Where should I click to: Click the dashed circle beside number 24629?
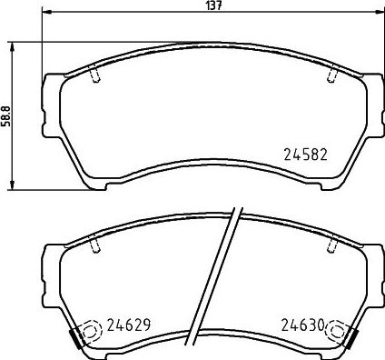pyautogui.click(x=91, y=332)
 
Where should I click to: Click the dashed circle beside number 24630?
pyautogui.click(x=339, y=332)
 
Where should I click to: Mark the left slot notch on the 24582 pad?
pyautogui.click(x=94, y=74)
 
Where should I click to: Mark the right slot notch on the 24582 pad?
pyautogui.click(x=333, y=74)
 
